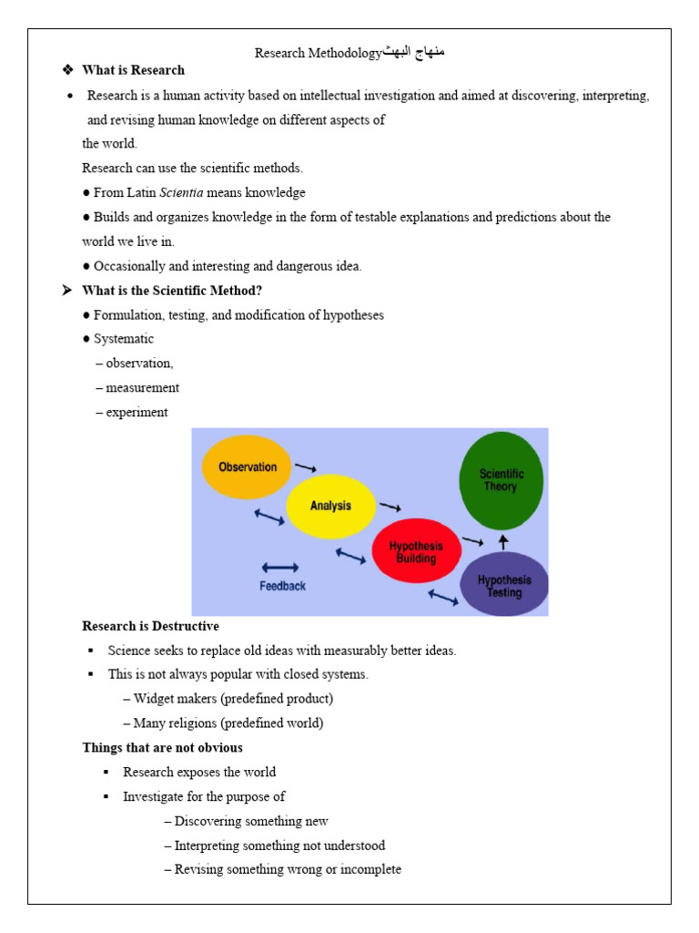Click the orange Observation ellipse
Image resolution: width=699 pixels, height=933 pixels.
[247, 467]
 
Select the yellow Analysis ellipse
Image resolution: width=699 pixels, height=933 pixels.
[330, 507]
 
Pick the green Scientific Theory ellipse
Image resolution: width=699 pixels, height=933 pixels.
[500, 480]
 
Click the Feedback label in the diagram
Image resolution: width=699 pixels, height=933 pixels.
[282, 586]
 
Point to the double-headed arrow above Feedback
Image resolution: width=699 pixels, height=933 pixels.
[280, 567]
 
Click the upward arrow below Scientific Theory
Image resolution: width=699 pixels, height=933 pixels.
[502, 541]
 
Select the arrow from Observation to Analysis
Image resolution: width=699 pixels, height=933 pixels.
[306, 467]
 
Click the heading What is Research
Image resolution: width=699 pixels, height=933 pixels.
[133, 70]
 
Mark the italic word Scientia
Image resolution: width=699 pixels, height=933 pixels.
[181, 193]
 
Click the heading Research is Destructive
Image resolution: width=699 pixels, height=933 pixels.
[150, 627]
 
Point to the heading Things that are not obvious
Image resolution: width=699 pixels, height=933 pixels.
[162, 748]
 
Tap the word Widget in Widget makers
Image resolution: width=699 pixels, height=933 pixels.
[153, 700]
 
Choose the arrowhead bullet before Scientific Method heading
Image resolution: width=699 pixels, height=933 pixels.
[66, 291]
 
